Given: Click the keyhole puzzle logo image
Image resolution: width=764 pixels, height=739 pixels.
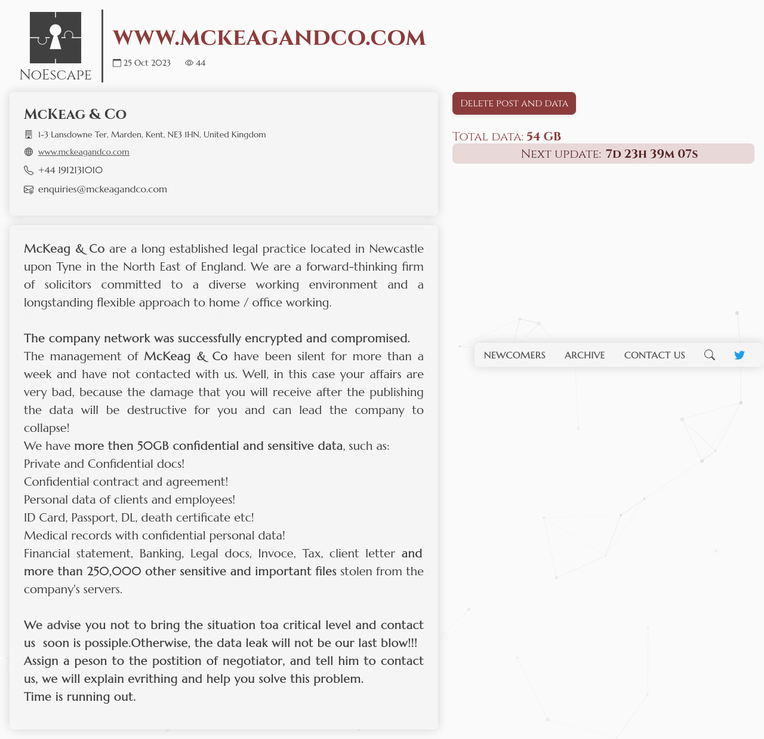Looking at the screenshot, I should point(56,38).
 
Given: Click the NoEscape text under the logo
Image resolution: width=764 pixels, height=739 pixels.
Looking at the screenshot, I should point(56,75).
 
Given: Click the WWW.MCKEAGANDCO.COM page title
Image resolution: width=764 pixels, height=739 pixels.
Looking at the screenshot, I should point(269,38).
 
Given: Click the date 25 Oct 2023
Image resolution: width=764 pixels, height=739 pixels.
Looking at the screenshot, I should point(147,63).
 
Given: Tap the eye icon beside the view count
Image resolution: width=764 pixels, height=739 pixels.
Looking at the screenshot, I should point(189,63).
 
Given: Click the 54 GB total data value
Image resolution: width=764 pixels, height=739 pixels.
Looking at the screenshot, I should point(544,136).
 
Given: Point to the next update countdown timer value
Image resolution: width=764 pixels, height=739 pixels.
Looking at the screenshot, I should point(651,154).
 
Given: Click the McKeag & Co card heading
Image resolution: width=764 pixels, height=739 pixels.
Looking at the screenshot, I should point(75,114).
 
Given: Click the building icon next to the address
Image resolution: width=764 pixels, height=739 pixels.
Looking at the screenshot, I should point(29,134).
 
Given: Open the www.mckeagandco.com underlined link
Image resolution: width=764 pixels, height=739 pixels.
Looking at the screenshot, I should point(84,152).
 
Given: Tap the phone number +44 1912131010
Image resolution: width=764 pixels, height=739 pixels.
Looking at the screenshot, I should point(70,170).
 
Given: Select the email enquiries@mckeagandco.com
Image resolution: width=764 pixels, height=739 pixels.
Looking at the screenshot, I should point(103,189).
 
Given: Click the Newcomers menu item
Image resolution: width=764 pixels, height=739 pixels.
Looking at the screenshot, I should point(515,355).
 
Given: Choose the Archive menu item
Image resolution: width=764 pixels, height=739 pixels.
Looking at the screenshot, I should point(584,355).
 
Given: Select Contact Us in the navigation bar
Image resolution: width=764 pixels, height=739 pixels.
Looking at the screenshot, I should point(654,355).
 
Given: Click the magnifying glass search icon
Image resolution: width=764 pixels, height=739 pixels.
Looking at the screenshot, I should point(709,355).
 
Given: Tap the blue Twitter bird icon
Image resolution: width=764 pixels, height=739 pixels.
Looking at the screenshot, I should point(740,355).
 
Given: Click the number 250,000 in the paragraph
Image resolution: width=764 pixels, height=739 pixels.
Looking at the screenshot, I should point(114,571).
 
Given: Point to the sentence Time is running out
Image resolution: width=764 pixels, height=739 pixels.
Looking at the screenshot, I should point(80,697).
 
